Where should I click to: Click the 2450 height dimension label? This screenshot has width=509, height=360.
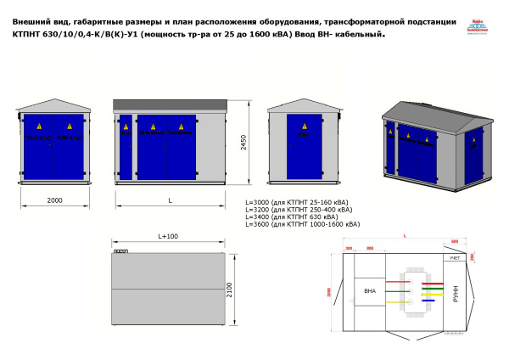point(243,145)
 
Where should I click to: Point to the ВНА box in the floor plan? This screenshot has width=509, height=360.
point(369,291)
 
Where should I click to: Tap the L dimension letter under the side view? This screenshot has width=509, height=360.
point(171,200)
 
